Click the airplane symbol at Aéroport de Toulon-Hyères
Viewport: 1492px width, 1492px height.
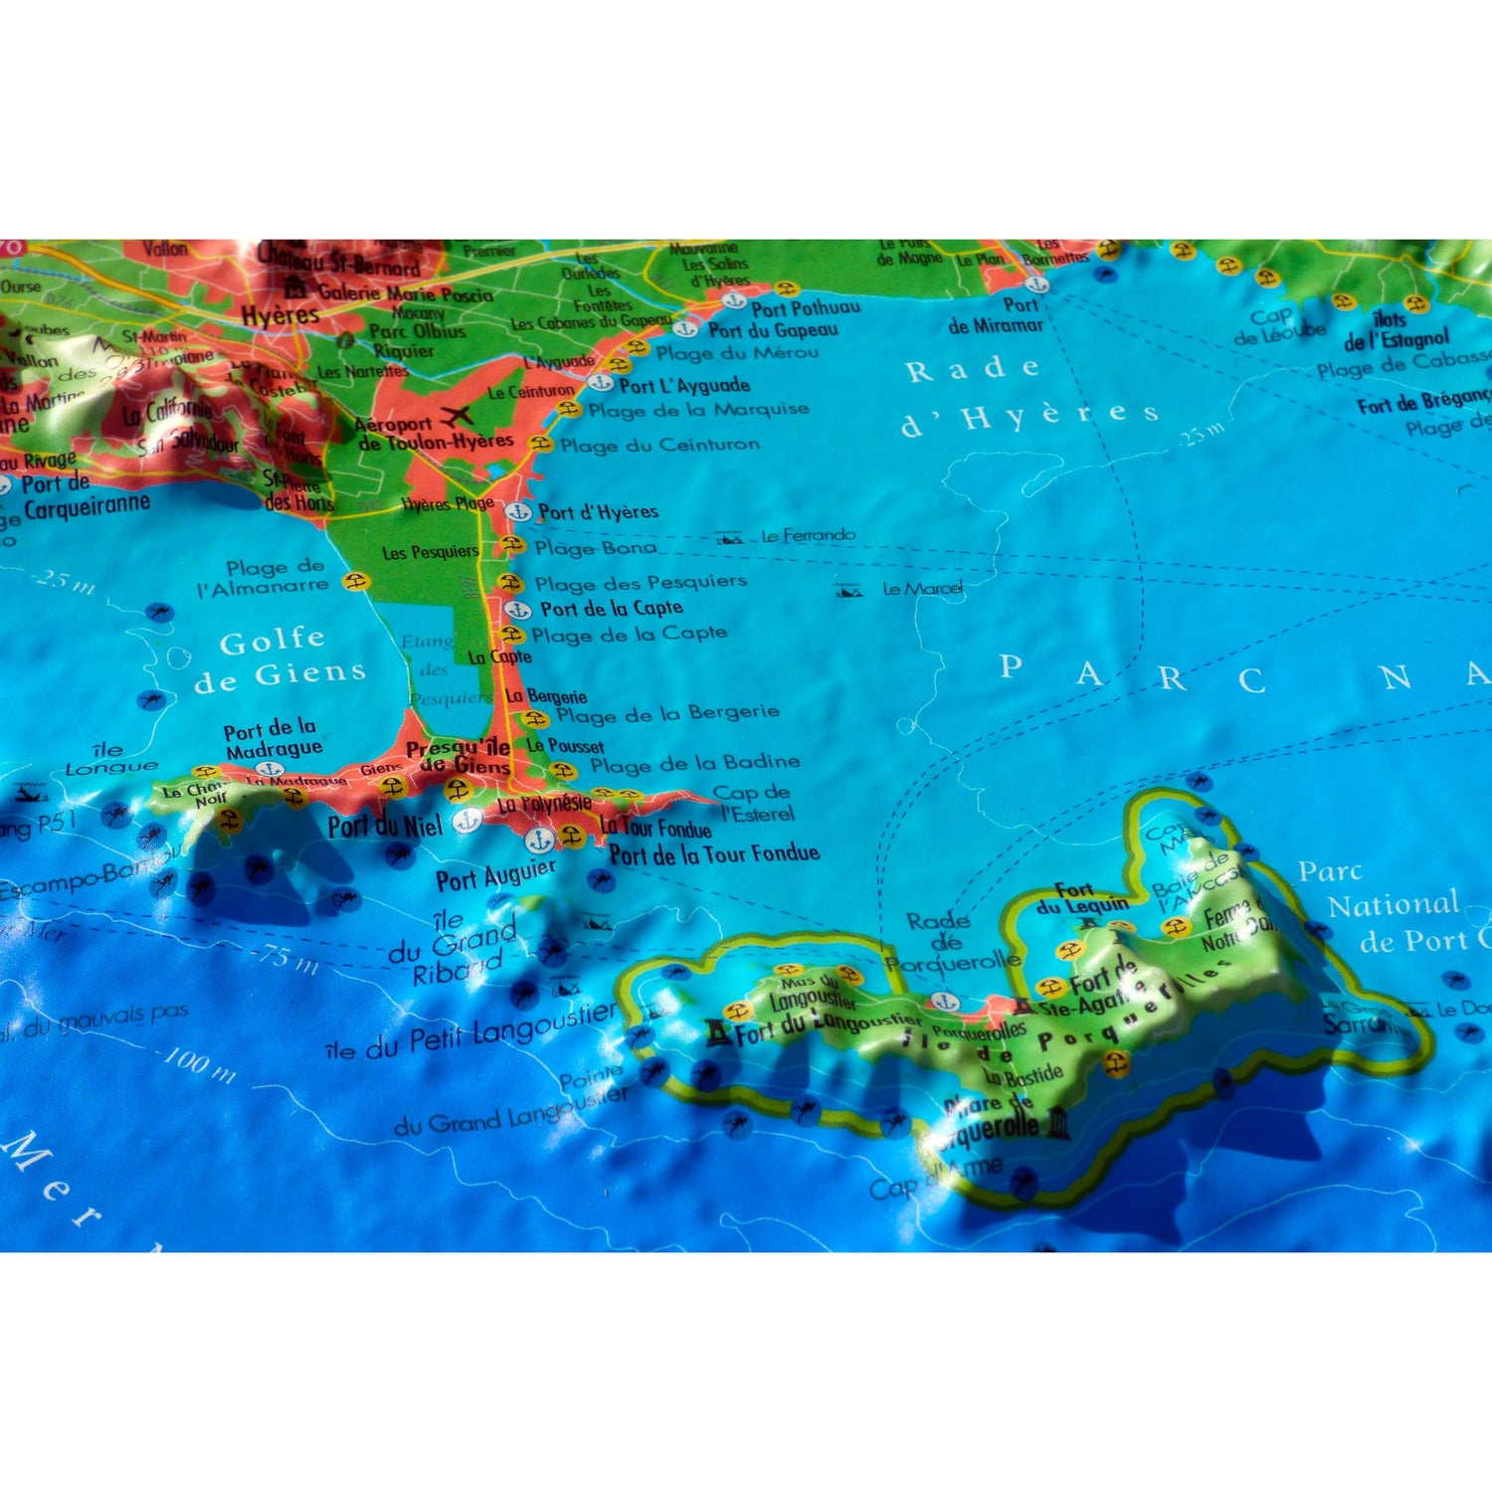coord(458,415)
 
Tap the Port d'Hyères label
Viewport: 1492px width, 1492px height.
coord(598,512)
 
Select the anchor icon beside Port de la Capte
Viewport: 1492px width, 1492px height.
coord(516,610)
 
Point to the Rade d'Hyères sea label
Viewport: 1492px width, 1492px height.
coord(1029,394)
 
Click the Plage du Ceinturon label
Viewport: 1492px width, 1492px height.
coord(659,445)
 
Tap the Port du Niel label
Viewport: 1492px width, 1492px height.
coord(385,826)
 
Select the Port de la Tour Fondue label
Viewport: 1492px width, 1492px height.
coord(714,853)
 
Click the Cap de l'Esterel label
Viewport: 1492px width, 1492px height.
coord(754,803)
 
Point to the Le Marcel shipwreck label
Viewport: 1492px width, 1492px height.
coord(922,589)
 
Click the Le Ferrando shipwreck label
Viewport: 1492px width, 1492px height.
coord(808,536)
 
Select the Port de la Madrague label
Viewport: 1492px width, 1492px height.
coord(272,738)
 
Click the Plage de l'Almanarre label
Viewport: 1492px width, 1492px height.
coord(264,577)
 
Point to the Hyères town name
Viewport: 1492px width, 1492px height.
coord(280,316)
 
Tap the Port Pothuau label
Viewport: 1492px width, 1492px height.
coord(806,308)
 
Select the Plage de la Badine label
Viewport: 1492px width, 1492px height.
coord(694,764)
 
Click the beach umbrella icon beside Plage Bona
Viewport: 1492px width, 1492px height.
coord(512,545)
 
